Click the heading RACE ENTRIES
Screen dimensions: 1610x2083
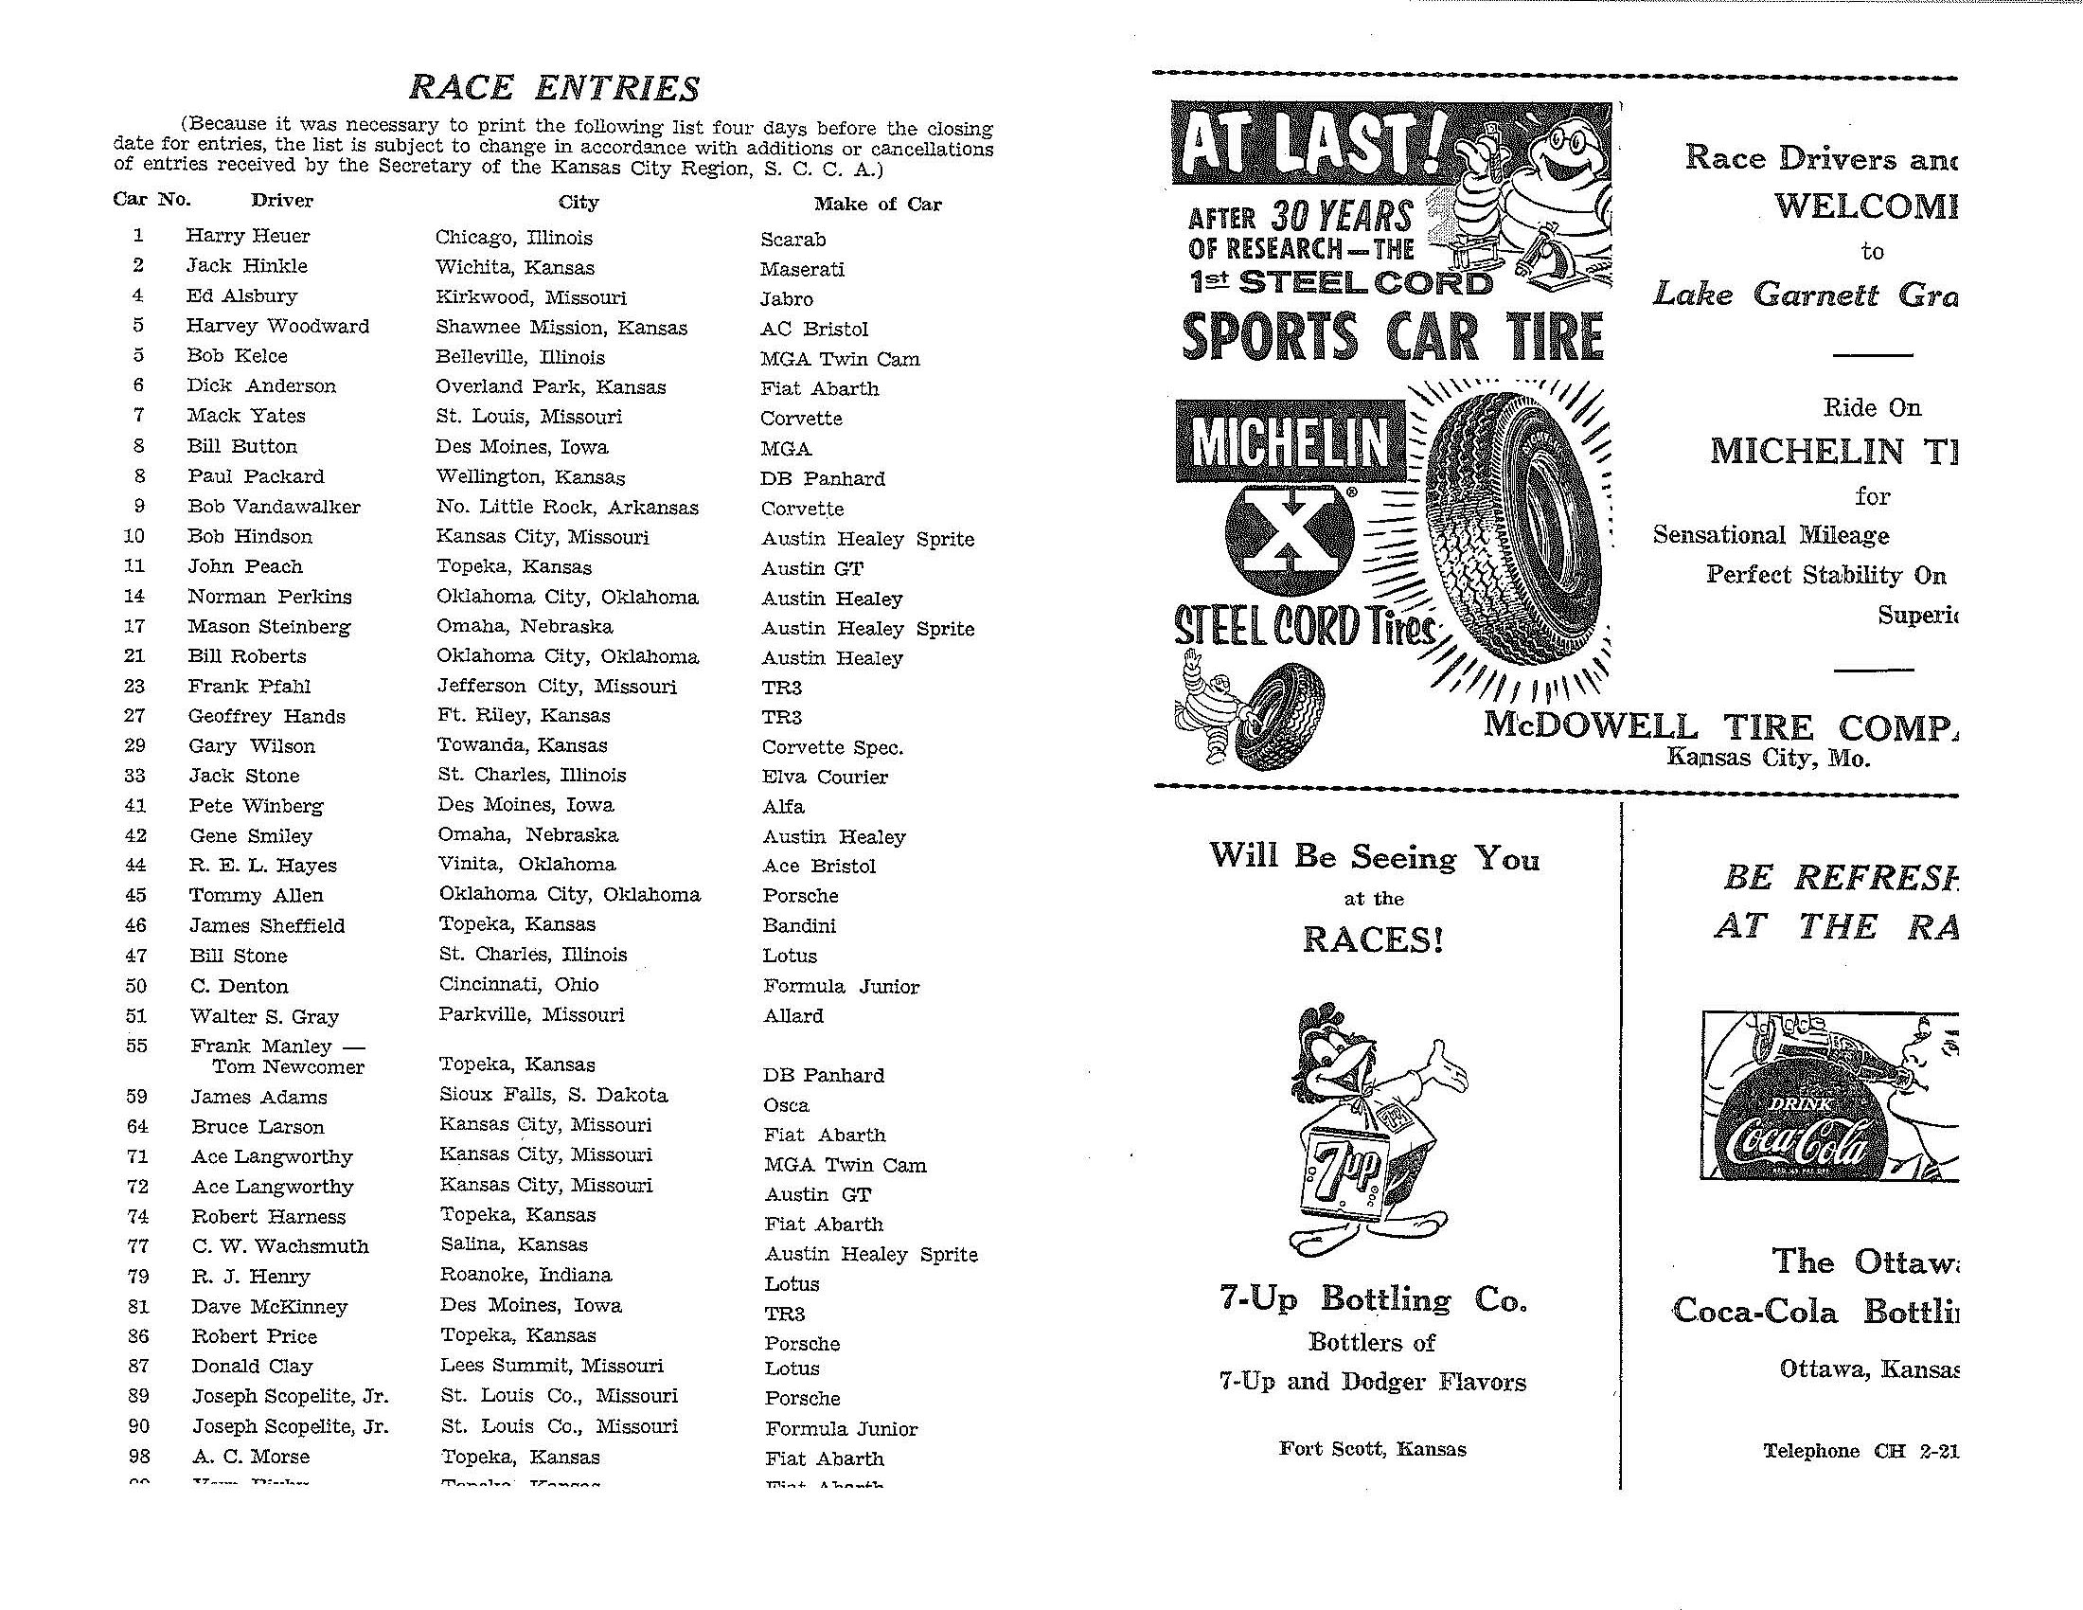point(553,88)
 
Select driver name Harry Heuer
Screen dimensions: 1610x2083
point(248,236)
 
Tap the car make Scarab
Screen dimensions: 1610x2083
point(792,240)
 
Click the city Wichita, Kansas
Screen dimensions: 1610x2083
point(514,267)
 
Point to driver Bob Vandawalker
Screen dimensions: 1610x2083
point(274,507)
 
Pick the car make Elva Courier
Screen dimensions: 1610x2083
point(824,777)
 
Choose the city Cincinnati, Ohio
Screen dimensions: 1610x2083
point(518,984)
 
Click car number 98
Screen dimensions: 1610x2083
point(138,1457)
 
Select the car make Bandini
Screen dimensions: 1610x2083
point(798,925)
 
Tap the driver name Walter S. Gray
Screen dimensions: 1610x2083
point(264,1016)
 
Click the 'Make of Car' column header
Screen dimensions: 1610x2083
point(877,205)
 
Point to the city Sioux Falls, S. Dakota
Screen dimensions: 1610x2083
point(552,1095)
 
